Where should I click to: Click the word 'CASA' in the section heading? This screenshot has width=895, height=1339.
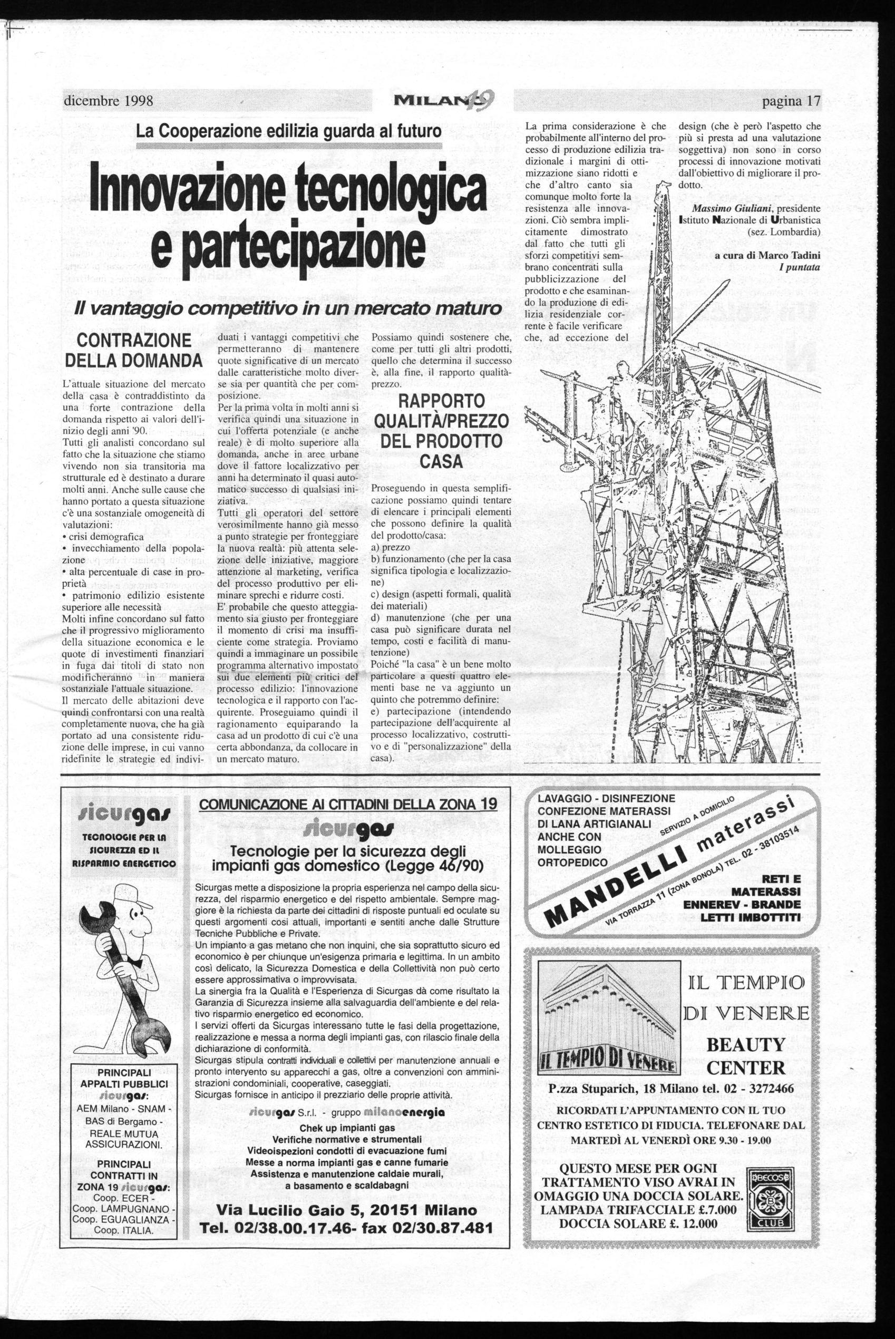[441, 462]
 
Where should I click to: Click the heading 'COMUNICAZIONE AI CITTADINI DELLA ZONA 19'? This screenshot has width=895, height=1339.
[346, 805]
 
